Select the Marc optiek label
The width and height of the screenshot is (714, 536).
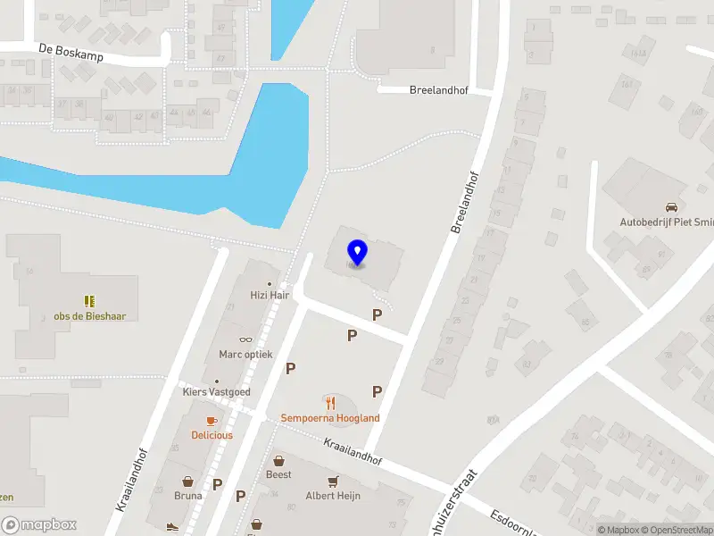245,354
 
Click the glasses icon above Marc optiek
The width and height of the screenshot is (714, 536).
246,339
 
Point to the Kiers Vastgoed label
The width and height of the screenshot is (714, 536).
218,392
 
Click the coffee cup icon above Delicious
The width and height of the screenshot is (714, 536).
212,420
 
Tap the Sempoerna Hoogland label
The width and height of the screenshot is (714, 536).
330,417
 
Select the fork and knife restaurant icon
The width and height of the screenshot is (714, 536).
330,402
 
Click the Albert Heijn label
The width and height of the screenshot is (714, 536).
333,495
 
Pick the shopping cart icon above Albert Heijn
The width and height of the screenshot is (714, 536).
333,481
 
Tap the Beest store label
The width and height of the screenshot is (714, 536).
278,474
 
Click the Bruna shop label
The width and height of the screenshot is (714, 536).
187,494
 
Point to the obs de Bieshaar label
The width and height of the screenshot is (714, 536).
89,316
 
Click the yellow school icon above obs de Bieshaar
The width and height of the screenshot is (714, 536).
89,301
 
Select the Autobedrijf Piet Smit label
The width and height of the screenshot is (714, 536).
666,222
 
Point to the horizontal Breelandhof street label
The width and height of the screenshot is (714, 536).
438,90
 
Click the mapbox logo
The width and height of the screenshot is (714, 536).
39,525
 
